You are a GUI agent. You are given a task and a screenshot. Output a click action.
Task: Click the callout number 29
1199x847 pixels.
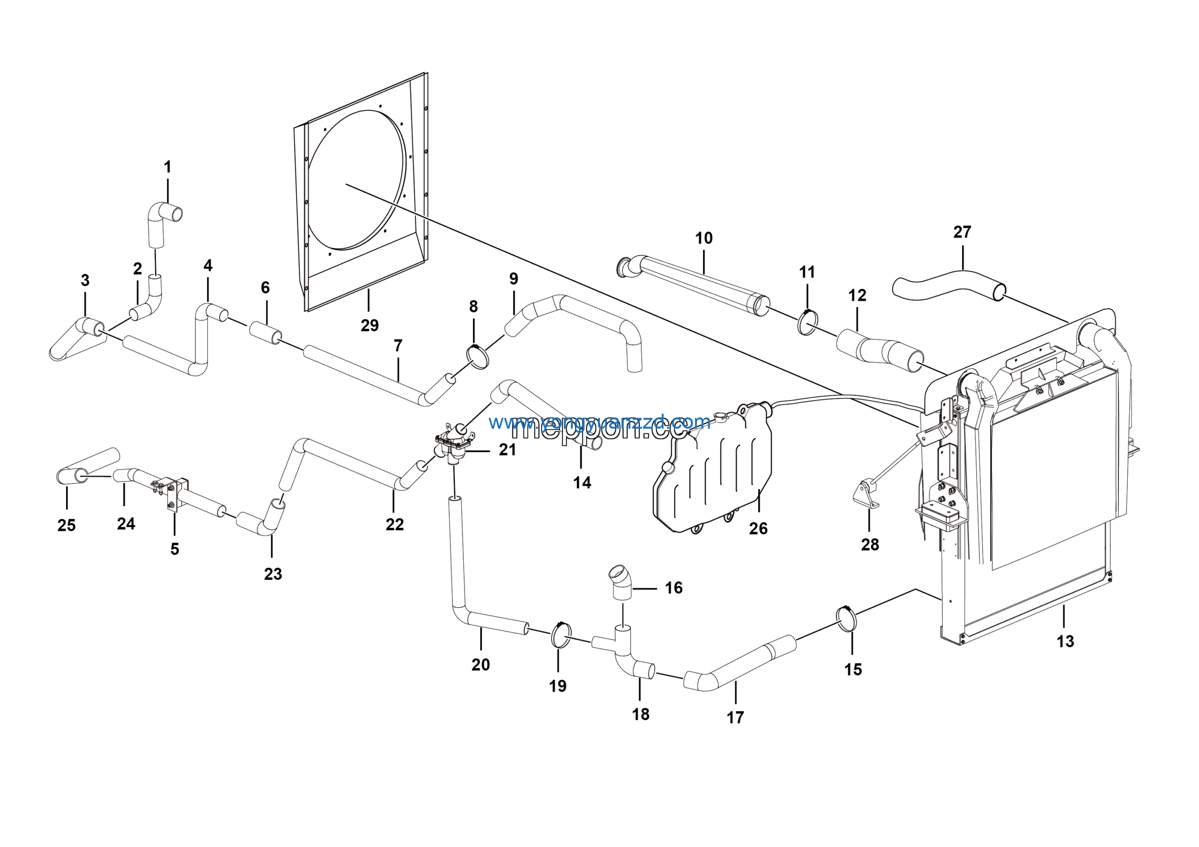click(370, 326)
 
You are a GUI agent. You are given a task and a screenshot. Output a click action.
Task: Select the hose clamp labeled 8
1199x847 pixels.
click(477, 356)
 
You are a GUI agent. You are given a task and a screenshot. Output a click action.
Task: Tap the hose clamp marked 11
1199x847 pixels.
click(808, 323)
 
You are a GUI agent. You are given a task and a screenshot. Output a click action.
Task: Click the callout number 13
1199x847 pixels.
click(1066, 641)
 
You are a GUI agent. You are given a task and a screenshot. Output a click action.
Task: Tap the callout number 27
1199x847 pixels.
click(962, 232)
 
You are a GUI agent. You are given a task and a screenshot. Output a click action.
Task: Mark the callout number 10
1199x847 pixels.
click(703, 238)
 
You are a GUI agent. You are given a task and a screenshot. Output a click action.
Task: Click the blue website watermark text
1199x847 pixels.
click(599, 422)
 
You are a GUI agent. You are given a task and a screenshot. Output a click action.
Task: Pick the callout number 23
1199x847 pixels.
click(273, 574)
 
